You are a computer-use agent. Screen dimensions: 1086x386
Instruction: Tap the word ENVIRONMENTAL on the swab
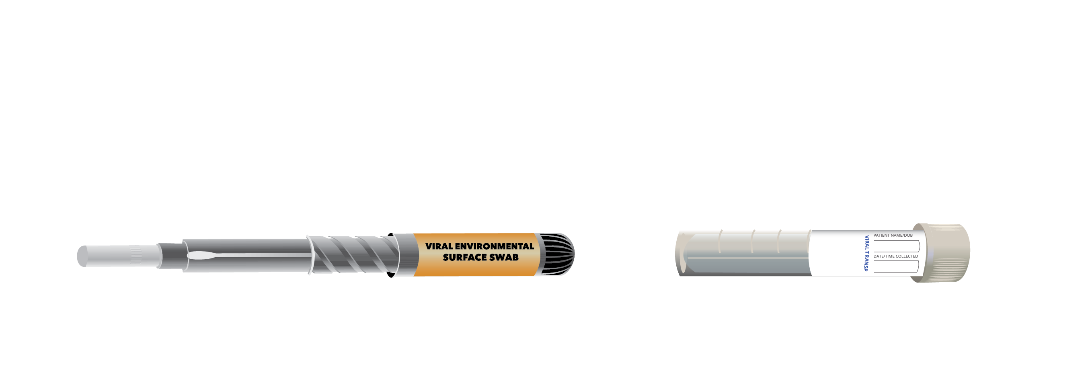click(x=494, y=246)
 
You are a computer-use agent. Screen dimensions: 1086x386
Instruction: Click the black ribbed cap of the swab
click(x=556, y=254)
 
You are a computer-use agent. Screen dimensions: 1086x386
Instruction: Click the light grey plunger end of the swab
click(x=119, y=256)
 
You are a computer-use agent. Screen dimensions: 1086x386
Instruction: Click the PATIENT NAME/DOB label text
click(x=893, y=235)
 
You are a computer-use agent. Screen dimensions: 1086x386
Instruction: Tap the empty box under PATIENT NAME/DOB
click(x=896, y=246)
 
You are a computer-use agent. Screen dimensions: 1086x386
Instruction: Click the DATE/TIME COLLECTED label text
click(x=895, y=256)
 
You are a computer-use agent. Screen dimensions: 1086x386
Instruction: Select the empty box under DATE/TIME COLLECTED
click(x=896, y=266)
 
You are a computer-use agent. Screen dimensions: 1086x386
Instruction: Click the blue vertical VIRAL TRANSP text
click(x=867, y=253)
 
